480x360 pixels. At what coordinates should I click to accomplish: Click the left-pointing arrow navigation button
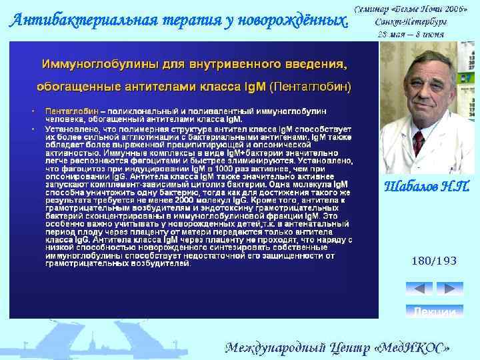click(x=419, y=289)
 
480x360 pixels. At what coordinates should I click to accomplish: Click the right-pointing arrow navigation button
click(x=449, y=289)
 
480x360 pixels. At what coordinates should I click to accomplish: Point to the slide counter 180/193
click(x=434, y=261)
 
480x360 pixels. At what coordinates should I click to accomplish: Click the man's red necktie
click(x=419, y=144)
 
